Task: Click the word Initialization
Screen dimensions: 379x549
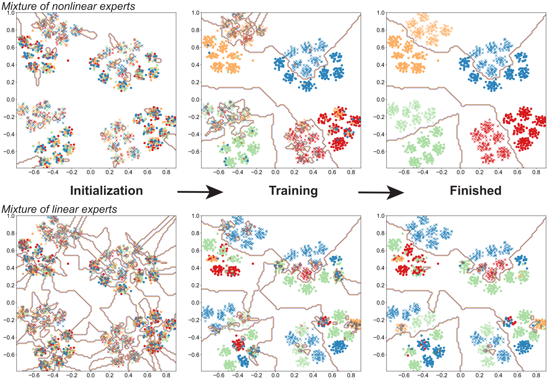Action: pyautogui.click(x=106, y=191)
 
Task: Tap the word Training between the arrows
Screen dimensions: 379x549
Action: pyautogui.click(x=293, y=191)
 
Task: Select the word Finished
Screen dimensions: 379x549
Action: pyautogui.click(x=475, y=191)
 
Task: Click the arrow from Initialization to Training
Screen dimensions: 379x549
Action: pyautogui.click(x=200, y=192)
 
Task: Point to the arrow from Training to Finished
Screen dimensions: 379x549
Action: pyautogui.click(x=381, y=192)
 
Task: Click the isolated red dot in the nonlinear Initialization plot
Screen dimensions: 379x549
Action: pyautogui.click(x=68, y=61)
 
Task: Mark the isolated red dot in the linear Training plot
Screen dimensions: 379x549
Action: pyautogui.click(x=253, y=264)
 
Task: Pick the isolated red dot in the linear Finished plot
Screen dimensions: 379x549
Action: pyautogui.click(x=438, y=264)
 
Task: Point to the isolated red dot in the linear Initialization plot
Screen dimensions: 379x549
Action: pyautogui.click(x=68, y=264)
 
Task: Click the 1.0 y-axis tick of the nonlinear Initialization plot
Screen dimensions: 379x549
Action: pyautogui.click(x=11, y=13)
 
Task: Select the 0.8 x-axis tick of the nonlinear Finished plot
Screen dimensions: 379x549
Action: pyautogui.click(x=536, y=172)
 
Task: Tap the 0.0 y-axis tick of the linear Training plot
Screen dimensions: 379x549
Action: pyautogui.click(x=195, y=302)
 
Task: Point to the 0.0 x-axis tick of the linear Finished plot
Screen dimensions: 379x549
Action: pyautogui.click(x=460, y=375)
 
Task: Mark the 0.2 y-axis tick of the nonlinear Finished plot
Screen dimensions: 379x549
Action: pyautogui.click(x=380, y=82)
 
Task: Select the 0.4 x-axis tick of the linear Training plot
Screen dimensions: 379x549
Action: pyautogui.click(x=313, y=375)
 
